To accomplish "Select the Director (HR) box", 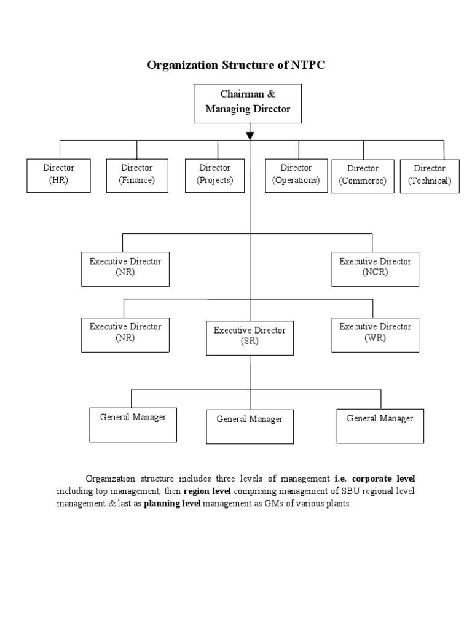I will tap(59, 175).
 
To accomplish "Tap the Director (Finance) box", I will tap(137, 175).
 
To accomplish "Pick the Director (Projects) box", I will tap(214, 175).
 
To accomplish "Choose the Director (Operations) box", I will tap(296, 175).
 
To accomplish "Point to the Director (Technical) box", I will tap(430, 176).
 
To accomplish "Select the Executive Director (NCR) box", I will tap(376, 268).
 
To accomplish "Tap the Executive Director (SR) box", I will tap(250, 337).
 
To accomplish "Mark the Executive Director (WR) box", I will tap(376, 334).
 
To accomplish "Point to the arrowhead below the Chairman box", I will tap(250, 135).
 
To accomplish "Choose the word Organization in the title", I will tap(180, 65).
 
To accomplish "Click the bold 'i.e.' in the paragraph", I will tap(340, 478).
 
